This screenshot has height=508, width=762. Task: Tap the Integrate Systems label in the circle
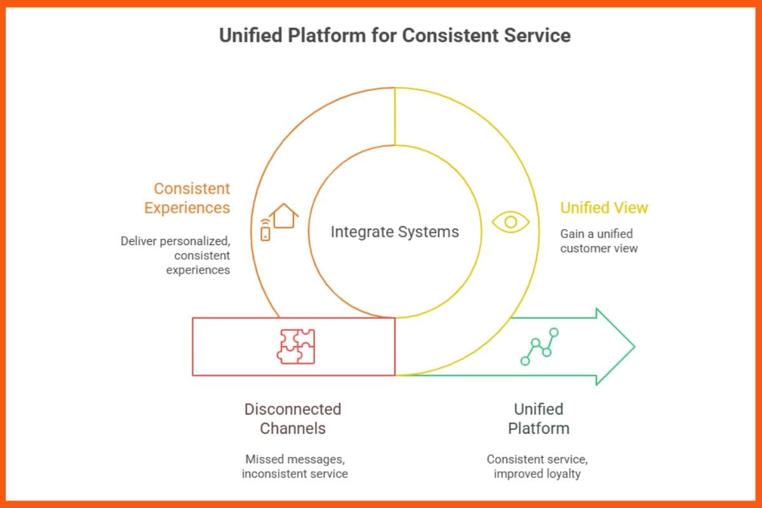pyautogui.click(x=394, y=232)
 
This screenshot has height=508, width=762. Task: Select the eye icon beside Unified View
pyautogui.click(x=511, y=222)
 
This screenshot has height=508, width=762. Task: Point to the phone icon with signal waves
pyautogui.click(x=265, y=230)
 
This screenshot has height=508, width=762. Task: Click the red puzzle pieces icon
pyautogui.click(x=296, y=346)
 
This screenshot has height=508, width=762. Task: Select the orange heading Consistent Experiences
pyautogui.click(x=187, y=198)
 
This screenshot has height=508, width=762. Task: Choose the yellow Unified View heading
pyautogui.click(x=603, y=208)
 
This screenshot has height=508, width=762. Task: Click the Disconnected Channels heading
pyautogui.click(x=293, y=418)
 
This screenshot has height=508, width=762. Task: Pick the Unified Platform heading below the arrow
pyautogui.click(x=538, y=418)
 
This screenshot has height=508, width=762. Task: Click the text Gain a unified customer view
pyautogui.click(x=598, y=241)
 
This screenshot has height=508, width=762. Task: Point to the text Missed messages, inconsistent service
pyautogui.click(x=295, y=467)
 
